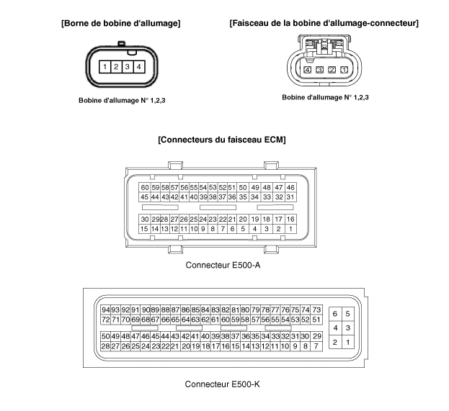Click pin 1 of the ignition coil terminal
tap(105, 67)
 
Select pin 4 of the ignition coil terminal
tap(138, 67)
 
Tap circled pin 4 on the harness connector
tap(308, 70)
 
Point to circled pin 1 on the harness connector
tap(344, 70)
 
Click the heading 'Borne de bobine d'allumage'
tap(121, 23)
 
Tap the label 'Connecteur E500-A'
tap(222, 264)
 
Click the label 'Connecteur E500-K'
tap(222, 384)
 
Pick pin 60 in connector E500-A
tap(145, 187)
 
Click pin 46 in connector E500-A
tap(290, 187)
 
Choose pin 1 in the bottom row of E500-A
tap(290, 229)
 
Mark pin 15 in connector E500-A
tap(145, 229)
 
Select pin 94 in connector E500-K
tap(106, 310)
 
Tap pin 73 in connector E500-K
tap(316, 310)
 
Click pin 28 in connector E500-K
tap(106, 346)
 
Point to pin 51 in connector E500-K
tap(316, 320)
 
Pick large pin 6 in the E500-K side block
tap(335, 314)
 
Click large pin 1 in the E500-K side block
tap(348, 343)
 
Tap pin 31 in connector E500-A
tap(290, 197)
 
